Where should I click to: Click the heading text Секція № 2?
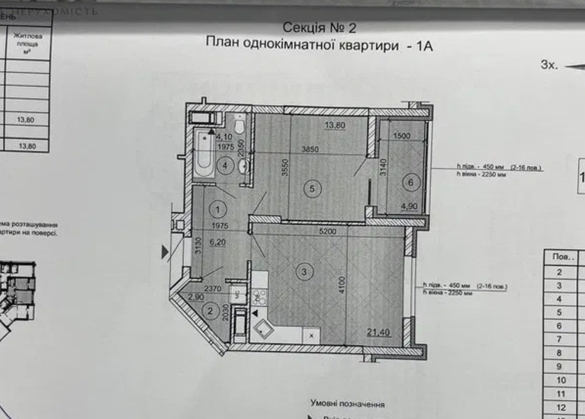coord(320,27)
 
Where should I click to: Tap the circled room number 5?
coord(310,192)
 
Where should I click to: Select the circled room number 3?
coord(304,270)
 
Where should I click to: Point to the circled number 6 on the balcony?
coord(410,181)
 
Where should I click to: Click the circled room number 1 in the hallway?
coord(219,208)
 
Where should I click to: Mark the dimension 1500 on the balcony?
coord(402,136)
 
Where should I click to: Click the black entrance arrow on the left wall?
coord(165,249)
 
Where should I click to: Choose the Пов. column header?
coord(561,257)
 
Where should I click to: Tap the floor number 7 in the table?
coord(561,339)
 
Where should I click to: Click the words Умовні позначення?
coord(347,404)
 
